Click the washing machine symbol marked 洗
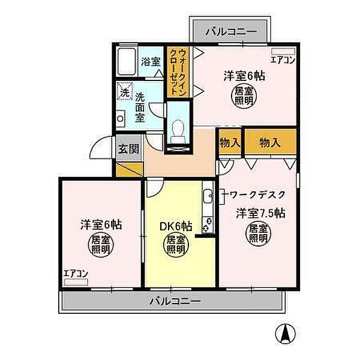(x=124, y=93)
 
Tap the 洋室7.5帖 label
(x=260, y=212)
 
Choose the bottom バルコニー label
(x=175, y=301)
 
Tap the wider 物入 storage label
(x=270, y=142)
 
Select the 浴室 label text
(x=151, y=61)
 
